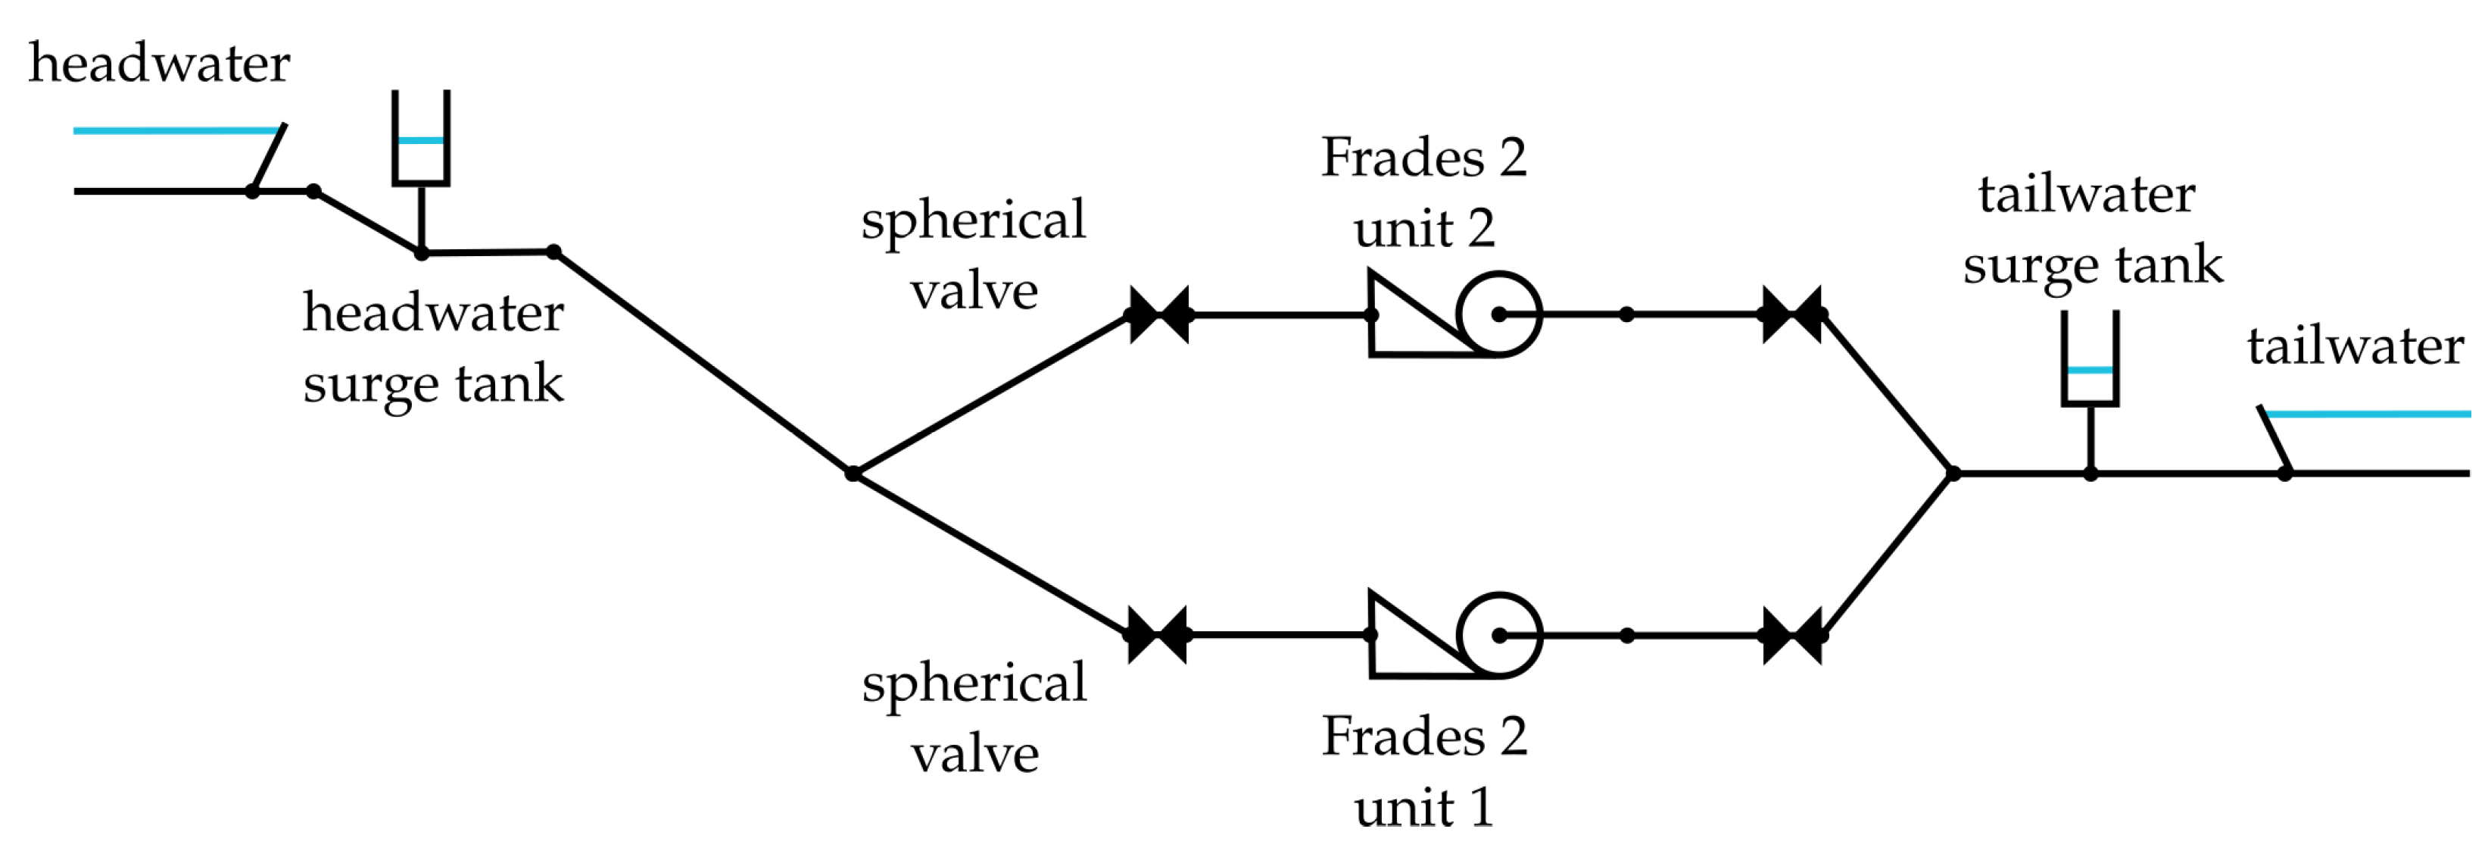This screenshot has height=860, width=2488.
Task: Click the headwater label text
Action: [x=159, y=64]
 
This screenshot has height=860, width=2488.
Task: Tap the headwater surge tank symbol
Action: [x=421, y=137]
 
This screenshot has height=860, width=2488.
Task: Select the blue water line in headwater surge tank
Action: [x=421, y=141]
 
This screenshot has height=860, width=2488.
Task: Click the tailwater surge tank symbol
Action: [x=2090, y=358]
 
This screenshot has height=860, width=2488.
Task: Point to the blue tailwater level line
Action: [x=2366, y=414]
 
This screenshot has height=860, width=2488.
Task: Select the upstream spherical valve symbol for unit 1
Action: [x=1158, y=635]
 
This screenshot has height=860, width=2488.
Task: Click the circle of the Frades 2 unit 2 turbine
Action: [x=1499, y=314]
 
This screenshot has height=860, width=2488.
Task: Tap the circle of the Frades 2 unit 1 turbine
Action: [x=1499, y=635]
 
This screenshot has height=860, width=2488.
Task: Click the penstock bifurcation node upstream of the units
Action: [x=853, y=474]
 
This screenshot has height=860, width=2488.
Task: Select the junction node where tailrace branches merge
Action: [x=1953, y=474]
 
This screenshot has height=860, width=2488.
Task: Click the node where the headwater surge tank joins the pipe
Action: [x=422, y=253]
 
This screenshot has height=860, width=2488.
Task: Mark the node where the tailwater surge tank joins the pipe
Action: [x=2090, y=474]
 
